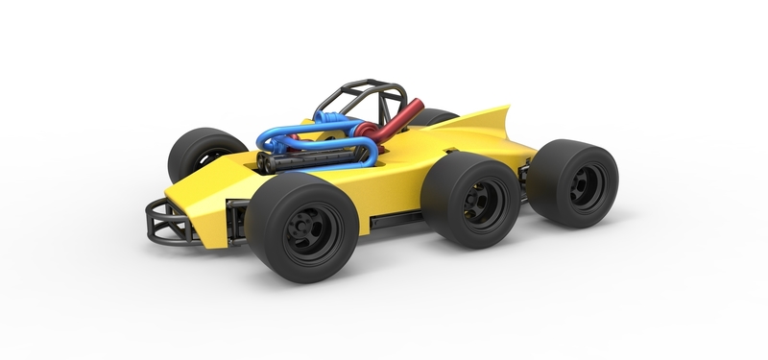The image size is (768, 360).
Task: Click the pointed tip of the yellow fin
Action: tap(506, 108)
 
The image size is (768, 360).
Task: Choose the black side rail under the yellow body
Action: tap(394, 220)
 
